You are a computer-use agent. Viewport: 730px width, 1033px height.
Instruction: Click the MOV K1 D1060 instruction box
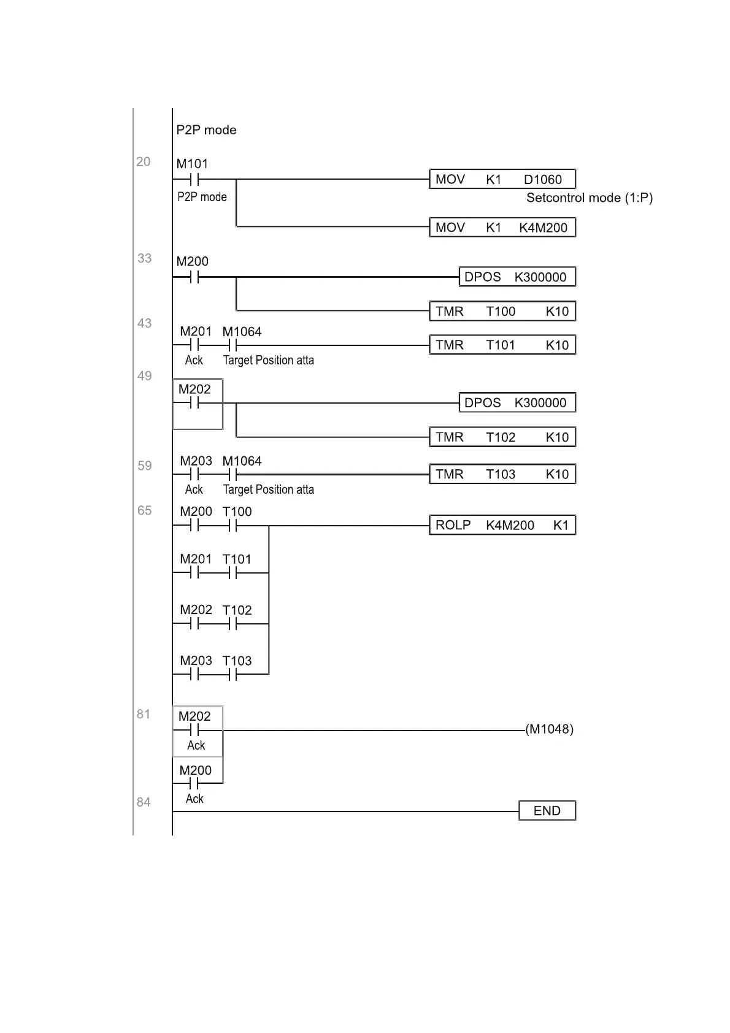point(502,179)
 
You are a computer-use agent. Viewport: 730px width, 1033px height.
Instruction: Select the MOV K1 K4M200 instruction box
point(502,228)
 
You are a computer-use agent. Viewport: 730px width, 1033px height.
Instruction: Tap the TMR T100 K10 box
point(502,312)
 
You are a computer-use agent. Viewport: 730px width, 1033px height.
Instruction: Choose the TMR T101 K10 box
point(502,345)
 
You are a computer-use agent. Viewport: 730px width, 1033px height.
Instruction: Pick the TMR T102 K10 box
point(502,437)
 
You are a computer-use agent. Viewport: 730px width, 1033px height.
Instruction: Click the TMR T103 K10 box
point(502,474)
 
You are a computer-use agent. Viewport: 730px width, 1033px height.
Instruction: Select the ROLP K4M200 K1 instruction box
point(502,525)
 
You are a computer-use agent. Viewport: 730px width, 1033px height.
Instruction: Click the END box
point(547,811)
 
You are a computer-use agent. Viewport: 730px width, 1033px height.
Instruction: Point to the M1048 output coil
point(549,729)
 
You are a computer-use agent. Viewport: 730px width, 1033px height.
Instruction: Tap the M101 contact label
point(192,164)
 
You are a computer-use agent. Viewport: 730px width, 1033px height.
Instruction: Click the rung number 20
point(144,162)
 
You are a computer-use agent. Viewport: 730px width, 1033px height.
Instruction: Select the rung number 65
point(144,510)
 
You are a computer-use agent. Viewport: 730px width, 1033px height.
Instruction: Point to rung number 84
point(144,802)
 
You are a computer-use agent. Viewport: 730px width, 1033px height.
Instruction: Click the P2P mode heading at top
point(206,130)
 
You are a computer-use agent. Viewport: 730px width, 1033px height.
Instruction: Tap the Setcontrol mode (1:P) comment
point(589,198)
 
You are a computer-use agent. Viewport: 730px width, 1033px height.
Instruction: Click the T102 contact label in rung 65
point(237,610)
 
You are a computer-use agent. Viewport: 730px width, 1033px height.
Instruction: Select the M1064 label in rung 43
point(242,332)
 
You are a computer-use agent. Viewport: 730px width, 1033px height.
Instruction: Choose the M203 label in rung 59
point(196,461)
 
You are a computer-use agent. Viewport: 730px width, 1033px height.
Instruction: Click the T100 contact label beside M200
point(237,512)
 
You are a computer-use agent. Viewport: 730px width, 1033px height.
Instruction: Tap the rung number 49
point(144,376)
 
